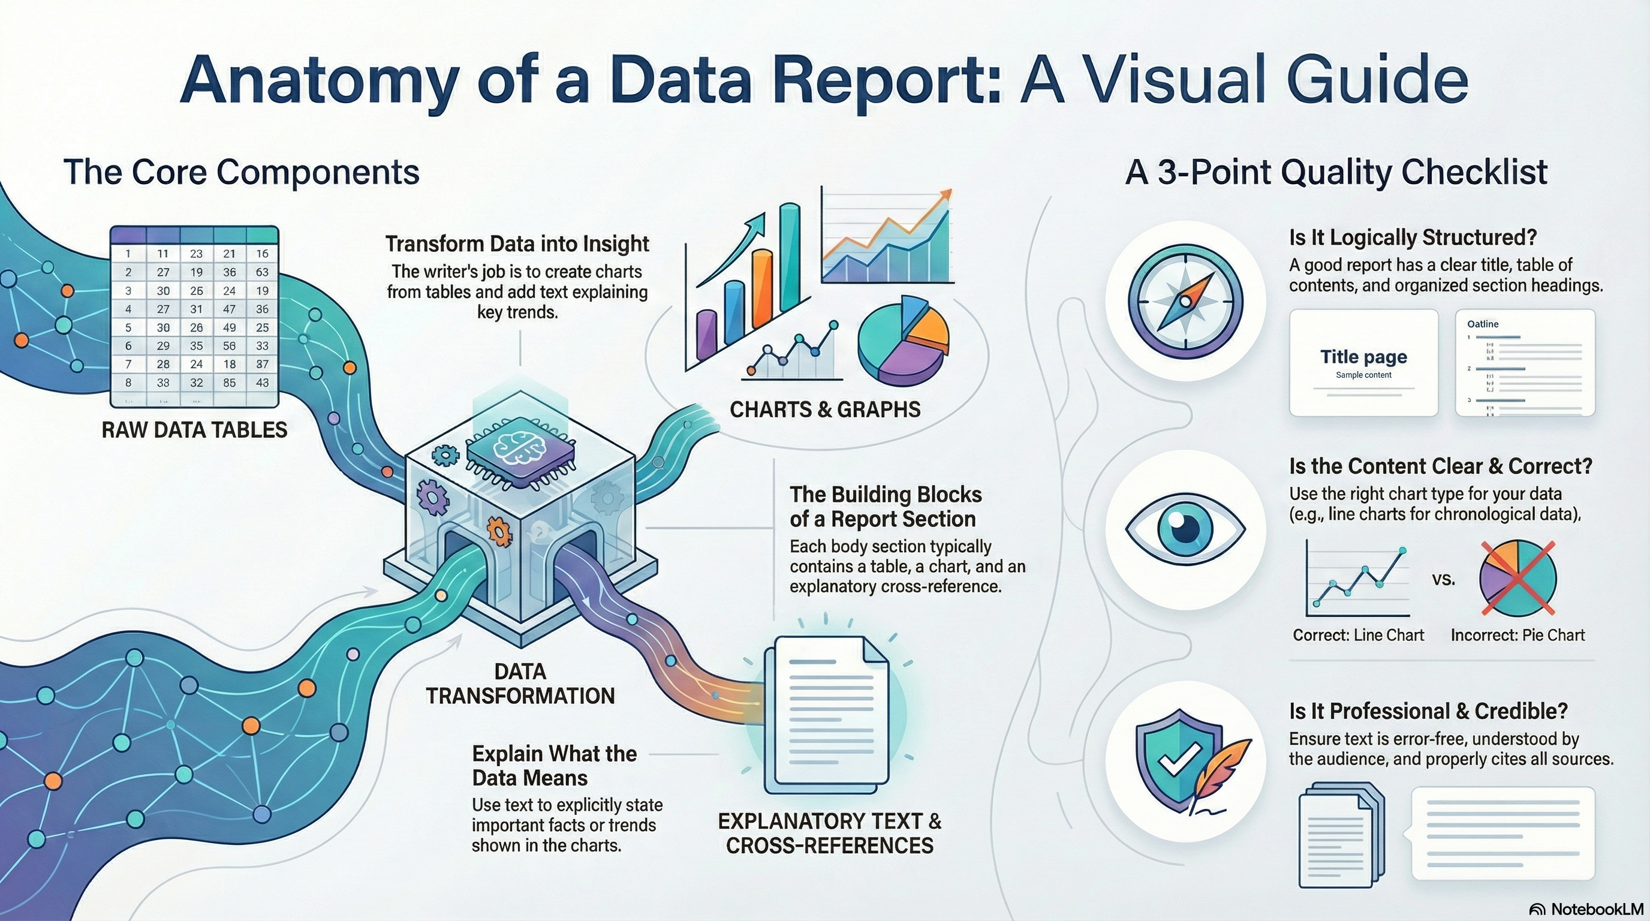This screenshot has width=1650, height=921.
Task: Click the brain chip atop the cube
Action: pyautogui.click(x=520, y=450)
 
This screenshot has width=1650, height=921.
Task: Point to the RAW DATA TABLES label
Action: pyautogui.click(x=194, y=430)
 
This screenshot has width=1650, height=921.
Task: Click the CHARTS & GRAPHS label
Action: pyautogui.click(x=825, y=410)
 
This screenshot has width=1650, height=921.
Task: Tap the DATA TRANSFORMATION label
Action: pyautogui.click(x=520, y=684)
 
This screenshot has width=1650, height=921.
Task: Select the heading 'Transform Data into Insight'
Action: pyautogui.click(x=517, y=244)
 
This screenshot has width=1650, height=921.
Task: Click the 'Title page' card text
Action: pyautogui.click(x=1363, y=357)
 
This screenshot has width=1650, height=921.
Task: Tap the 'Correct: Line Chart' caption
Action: pyautogui.click(x=1358, y=636)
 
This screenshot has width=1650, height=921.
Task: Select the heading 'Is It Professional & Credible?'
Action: pyautogui.click(x=1428, y=711)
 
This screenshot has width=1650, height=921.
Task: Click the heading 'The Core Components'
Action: pyautogui.click(x=242, y=172)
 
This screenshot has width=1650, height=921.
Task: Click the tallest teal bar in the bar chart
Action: pyautogui.click(x=789, y=256)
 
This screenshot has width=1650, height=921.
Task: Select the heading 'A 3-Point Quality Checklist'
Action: pyautogui.click(x=1337, y=172)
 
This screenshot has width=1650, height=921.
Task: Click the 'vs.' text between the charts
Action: pyautogui.click(x=1443, y=580)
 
